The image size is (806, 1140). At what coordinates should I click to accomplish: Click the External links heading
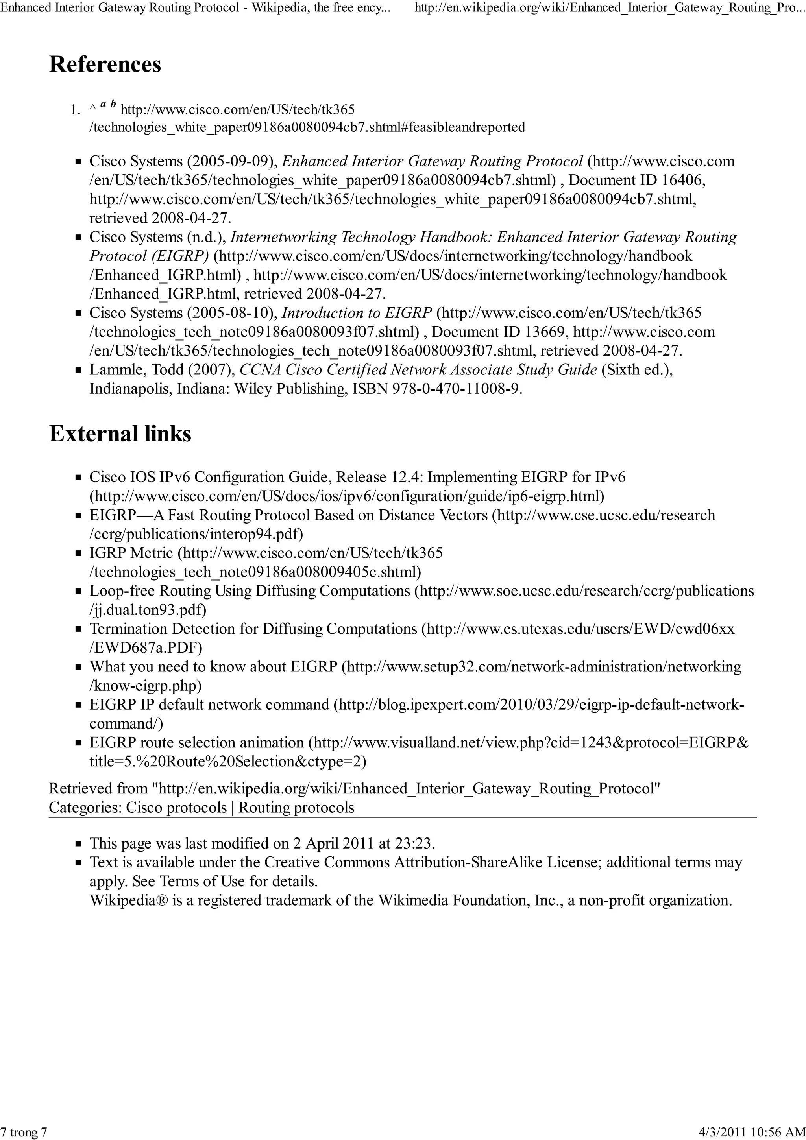pyautogui.click(x=120, y=433)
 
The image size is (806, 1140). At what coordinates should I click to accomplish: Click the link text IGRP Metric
pyautogui.click(x=131, y=553)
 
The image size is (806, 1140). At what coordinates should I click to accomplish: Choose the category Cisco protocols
pyautogui.click(x=176, y=807)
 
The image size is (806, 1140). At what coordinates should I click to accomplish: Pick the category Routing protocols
pyautogui.click(x=296, y=807)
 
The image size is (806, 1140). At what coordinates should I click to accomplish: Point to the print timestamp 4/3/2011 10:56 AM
pyautogui.click(x=751, y=1133)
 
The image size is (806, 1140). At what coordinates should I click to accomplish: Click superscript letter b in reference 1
pyautogui.click(x=113, y=104)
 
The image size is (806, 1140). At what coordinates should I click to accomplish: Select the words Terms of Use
pyautogui.click(x=202, y=881)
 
